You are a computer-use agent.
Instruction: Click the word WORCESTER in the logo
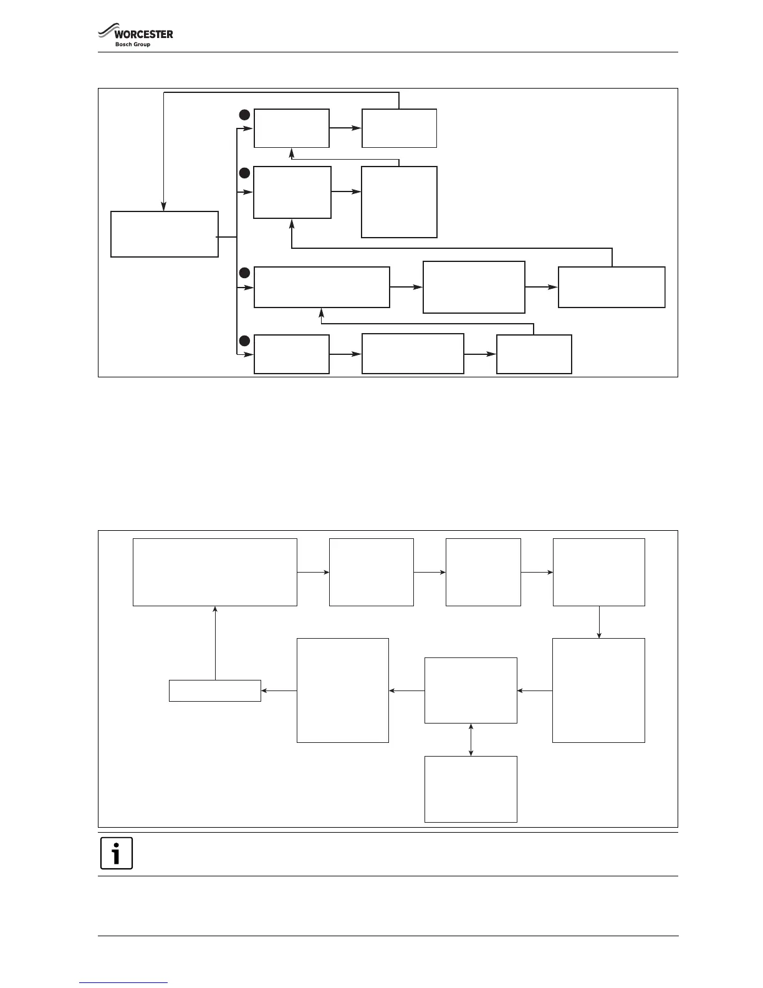pyautogui.click(x=144, y=34)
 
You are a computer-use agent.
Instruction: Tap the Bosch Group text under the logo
pyautogui.click(x=133, y=44)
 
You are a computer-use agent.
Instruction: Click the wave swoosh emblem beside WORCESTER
pyautogui.click(x=106, y=32)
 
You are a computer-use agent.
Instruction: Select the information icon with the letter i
pyautogui.click(x=117, y=853)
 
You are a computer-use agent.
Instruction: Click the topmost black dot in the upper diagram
pyautogui.click(x=244, y=115)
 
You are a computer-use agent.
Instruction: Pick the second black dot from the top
pyautogui.click(x=244, y=172)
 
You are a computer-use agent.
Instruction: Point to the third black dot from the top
pyautogui.click(x=244, y=273)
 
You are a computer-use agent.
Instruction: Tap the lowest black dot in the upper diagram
pyautogui.click(x=244, y=341)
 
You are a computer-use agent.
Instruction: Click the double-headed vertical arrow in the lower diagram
pyautogui.click(x=471, y=740)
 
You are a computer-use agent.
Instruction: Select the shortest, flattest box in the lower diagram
pyautogui.click(x=215, y=690)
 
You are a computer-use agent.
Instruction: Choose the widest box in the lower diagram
pyautogui.click(x=215, y=572)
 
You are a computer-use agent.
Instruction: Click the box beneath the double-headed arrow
pyautogui.click(x=471, y=789)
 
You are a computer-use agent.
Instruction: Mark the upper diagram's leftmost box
pyautogui.click(x=165, y=234)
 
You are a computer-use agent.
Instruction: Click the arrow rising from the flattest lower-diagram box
pyautogui.click(x=215, y=642)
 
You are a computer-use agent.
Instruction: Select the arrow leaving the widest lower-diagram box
pyautogui.click(x=313, y=572)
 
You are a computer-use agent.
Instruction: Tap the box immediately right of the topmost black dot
pyautogui.click(x=292, y=128)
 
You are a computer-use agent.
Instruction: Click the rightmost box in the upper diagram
pyautogui.click(x=612, y=287)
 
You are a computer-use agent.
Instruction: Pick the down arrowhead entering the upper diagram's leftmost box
pyautogui.click(x=164, y=208)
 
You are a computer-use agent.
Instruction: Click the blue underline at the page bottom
pyautogui.click(x=123, y=982)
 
